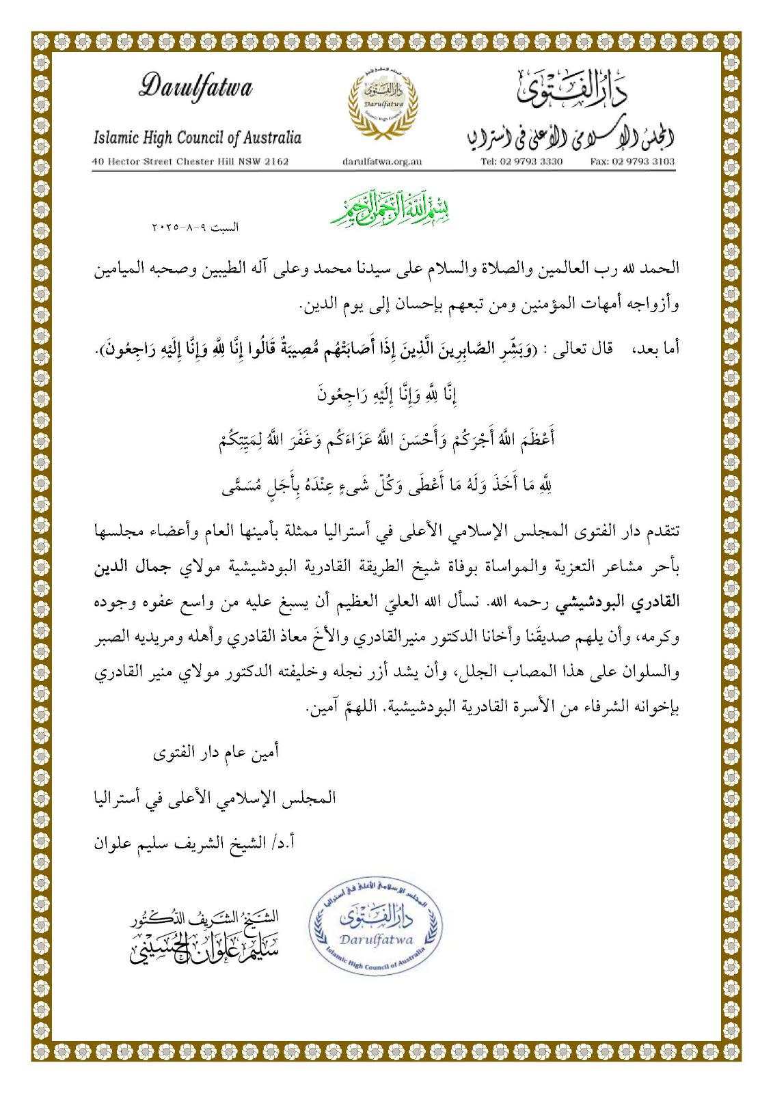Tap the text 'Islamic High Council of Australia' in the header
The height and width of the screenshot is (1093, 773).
197,137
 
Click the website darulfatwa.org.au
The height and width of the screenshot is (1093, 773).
381,162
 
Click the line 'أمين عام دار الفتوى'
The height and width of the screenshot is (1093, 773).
215,754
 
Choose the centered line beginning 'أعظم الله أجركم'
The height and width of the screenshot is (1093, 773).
387,439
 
